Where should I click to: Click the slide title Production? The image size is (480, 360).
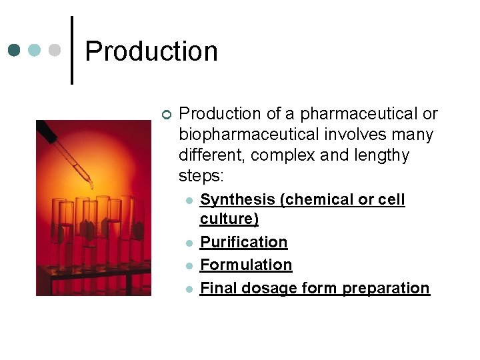151,51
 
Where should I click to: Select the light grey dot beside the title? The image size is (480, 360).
55,51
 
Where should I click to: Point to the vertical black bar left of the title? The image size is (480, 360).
72,50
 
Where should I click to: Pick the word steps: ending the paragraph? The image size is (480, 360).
202,176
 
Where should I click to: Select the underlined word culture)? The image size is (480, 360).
229,219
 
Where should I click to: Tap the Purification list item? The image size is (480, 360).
244,242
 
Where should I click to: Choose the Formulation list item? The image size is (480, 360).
246,265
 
